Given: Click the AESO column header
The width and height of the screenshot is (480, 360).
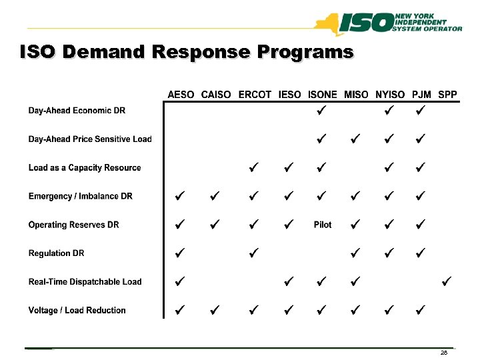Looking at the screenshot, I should (x=181, y=95).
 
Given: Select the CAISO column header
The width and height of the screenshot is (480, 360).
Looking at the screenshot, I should (x=216, y=95).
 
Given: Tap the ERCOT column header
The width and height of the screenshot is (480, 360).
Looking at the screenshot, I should (x=255, y=95).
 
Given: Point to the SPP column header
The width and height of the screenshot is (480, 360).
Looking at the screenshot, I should (x=448, y=95).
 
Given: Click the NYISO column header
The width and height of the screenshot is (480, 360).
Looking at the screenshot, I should (x=391, y=95).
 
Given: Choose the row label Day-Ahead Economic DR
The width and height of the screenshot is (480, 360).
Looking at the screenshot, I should (x=77, y=111).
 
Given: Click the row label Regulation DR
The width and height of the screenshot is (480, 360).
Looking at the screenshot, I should (x=56, y=253).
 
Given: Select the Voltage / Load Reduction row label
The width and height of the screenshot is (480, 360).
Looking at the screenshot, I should (x=77, y=310).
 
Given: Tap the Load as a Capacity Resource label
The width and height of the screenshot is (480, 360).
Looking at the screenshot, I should (x=85, y=168).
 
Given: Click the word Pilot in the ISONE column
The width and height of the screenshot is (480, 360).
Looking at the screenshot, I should (x=323, y=225).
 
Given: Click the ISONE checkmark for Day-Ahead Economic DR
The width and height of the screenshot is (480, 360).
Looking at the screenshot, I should (x=321, y=110).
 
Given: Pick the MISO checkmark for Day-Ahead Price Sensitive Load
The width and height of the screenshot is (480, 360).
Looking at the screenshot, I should (x=355, y=139).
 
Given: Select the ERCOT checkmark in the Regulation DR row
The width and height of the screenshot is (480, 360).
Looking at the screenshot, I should (x=253, y=253).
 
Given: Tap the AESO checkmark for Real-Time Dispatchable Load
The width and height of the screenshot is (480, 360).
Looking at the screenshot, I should (x=179, y=281).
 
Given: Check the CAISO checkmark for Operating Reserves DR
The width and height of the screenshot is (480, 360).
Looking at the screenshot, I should (x=213, y=224).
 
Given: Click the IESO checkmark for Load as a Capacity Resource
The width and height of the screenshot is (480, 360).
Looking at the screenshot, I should (x=287, y=167).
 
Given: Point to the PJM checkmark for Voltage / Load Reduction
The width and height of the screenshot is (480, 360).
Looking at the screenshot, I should (x=420, y=309).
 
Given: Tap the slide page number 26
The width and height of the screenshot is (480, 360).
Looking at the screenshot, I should (x=444, y=353).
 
